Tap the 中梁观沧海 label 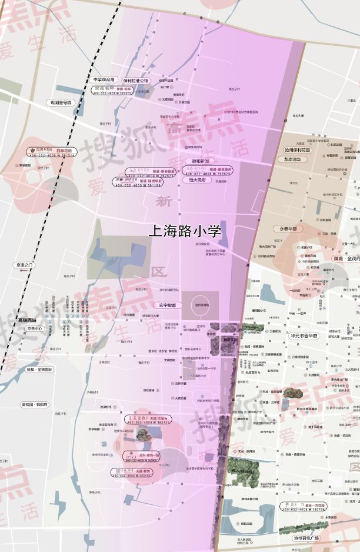pyautogui.click(x=105, y=80)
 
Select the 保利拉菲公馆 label pyautogui.click(x=136, y=80)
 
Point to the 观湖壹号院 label pyautogui.click(x=61, y=102)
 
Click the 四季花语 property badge pyautogui.click(x=50, y=152)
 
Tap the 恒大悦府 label pyautogui.click(x=198, y=181)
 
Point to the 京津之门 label pyautogui.click(x=25, y=265)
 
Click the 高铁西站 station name pyautogui.click(x=27, y=321)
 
